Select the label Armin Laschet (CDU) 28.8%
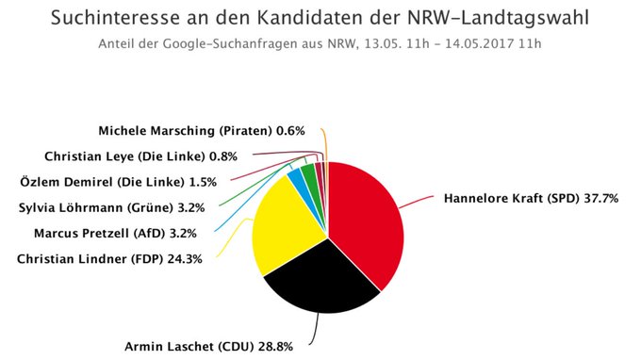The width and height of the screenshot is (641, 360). [x=208, y=347]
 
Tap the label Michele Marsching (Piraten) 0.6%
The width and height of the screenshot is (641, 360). [x=202, y=131]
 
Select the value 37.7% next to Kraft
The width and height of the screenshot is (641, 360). [x=600, y=199]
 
